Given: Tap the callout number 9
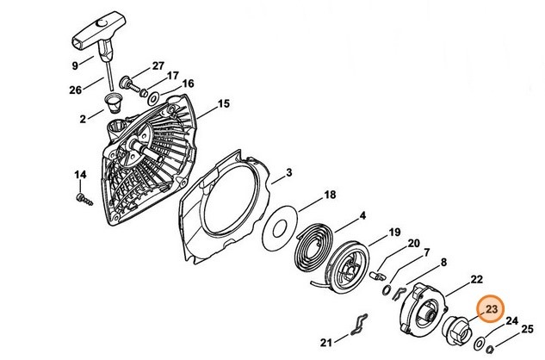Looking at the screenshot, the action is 75,65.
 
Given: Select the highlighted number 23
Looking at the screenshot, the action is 492,309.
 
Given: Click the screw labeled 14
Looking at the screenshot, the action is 84,200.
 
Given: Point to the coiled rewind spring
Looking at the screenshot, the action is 313,256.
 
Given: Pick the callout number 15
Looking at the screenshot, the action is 224,103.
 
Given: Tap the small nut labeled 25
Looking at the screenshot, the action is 490,349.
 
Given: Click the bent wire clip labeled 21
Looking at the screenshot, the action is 359,325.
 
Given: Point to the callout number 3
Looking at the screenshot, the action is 289,172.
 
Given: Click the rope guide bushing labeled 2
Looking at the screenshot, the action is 114,103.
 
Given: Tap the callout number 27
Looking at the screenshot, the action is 158,65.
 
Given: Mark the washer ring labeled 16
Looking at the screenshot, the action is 153,99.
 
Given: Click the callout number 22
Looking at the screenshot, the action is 477,279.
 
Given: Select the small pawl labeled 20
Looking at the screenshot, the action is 378,276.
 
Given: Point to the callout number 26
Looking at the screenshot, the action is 76,90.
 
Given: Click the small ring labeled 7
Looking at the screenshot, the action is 387,289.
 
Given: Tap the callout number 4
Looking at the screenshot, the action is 362,215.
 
